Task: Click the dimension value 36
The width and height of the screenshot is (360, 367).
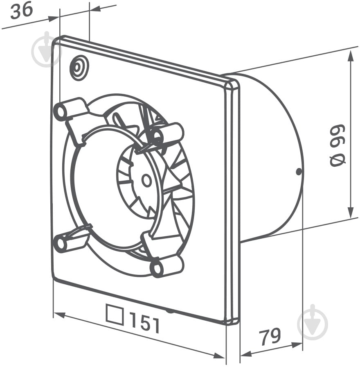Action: pyautogui.click(x=22, y=11)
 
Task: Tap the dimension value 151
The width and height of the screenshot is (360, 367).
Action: pyautogui.click(x=145, y=324)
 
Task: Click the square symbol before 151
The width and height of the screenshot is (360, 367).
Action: pyautogui.click(x=115, y=315)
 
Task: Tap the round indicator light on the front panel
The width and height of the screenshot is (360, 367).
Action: pyautogui.click(x=79, y=68)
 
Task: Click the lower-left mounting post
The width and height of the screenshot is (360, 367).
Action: pyautogui.click(x=70, y=241)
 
